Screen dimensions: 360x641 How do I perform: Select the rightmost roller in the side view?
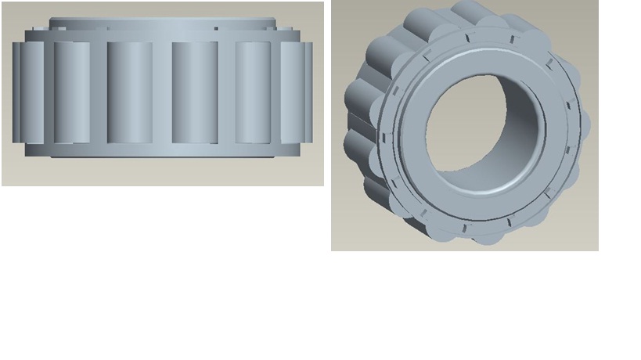(x=297, y=92)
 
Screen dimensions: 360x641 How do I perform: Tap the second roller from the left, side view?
(x=72, y=92)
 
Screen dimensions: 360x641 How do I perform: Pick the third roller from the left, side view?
(x=129, y=92)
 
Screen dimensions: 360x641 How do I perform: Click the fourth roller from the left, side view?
(x=195, y=92)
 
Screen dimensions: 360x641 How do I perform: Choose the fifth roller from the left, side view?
(x=253, y=92)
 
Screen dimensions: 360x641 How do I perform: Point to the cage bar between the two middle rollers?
(x=162, y=92)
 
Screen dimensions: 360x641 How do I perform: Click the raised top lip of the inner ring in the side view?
(x=162, y=23)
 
